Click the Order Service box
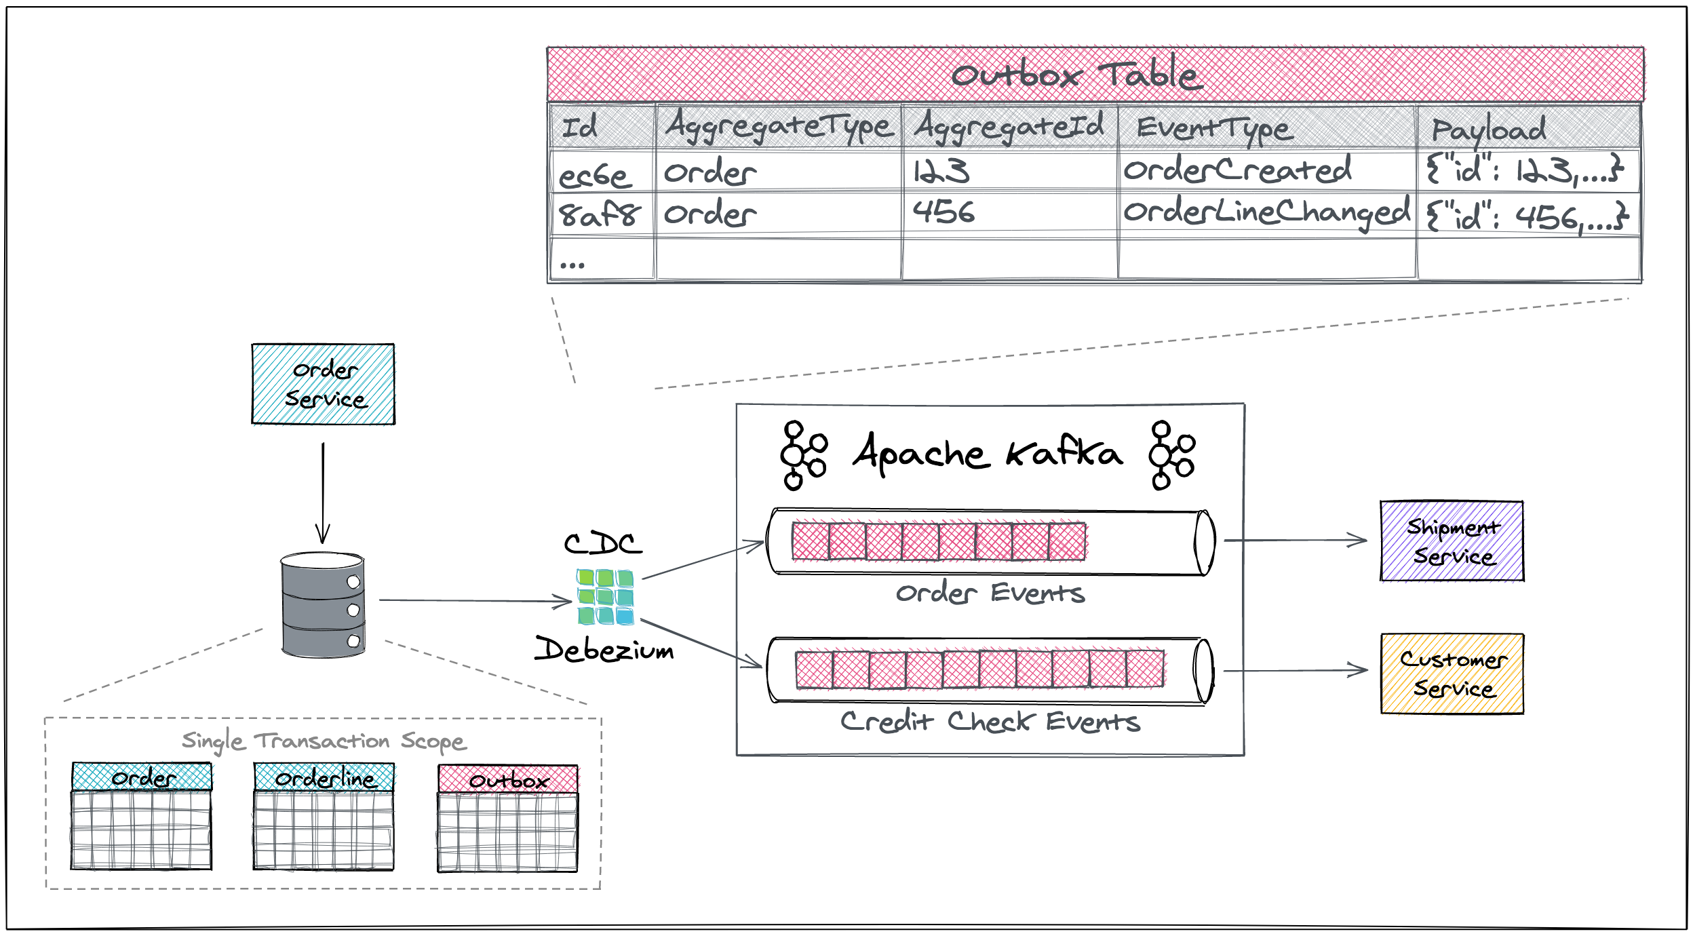[x=323, y=384]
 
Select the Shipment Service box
[x=1452, y=541]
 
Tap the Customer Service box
[x=1452, y=674]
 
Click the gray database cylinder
[x=323, y=604]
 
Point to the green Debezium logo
[x=604, y=597]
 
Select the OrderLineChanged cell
[x=1266, y=213]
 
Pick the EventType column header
[x=1214, y=128]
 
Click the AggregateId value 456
[x=943, y=212]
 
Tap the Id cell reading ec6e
[x=595, y=175]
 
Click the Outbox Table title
[x=1076, y=75]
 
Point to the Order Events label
[x=990, y=593]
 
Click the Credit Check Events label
[x=990, y=722]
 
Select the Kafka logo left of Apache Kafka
[x=803, y=455]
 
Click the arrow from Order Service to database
[x=323, y=492]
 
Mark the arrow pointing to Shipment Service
[x=1296, y=541]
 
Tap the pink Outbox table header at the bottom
[x=508, y=779]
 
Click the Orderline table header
[x=324, y=777]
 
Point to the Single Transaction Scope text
[x=324, y=741]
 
